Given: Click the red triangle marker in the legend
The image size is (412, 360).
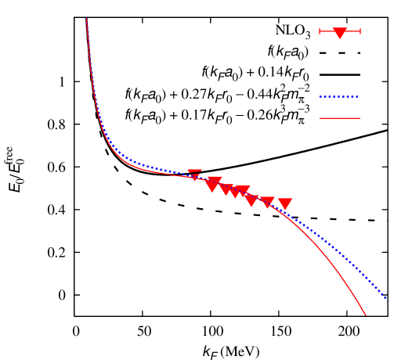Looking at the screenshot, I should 340,33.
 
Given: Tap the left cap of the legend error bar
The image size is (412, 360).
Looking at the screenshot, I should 320,31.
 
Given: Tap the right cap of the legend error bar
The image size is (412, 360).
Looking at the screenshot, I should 360,31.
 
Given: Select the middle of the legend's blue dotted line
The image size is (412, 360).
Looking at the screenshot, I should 339,97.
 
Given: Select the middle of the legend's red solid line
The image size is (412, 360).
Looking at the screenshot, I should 340,118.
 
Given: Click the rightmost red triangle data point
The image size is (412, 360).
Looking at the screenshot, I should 285,204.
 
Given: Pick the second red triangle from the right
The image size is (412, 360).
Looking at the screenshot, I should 267,203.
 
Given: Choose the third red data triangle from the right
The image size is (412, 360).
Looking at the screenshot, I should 251,201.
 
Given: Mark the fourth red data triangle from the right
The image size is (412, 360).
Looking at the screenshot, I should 243,192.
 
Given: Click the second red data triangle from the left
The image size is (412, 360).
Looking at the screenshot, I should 211,185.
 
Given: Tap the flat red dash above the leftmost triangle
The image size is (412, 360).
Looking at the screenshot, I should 194,171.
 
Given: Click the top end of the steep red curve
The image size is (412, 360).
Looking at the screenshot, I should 86,20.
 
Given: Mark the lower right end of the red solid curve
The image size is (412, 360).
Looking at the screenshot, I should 366,315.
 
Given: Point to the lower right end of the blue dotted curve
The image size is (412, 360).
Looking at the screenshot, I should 386,298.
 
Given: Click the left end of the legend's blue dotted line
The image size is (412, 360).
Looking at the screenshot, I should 320,97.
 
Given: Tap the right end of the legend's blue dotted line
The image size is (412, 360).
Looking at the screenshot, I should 359,97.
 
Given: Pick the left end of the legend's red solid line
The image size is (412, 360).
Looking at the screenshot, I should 320,118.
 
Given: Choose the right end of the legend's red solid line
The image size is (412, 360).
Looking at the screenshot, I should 360,118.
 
